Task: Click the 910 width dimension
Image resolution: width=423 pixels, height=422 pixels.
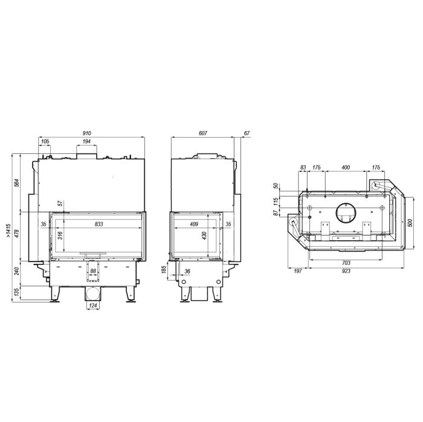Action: [87, 133]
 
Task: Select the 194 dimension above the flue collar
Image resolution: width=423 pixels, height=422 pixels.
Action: [86, 141]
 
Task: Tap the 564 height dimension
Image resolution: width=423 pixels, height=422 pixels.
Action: [17, 183]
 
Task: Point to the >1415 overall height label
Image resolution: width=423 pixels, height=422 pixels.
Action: [8, 231]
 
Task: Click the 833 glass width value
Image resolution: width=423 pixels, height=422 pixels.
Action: [99, 224]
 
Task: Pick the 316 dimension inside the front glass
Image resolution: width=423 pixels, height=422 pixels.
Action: [60, 236]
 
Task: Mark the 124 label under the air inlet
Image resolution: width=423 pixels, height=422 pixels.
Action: [93, 306]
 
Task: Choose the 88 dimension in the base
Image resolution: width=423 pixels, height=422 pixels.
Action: [93, 271]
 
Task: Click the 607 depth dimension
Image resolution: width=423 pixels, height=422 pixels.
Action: [203, 133]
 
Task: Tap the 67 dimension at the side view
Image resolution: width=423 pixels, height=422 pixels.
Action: [247, 133]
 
